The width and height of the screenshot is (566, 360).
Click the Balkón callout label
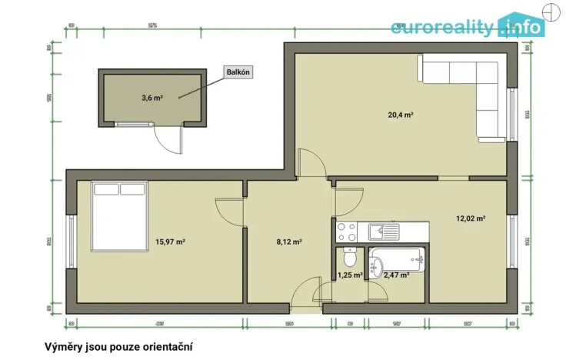pyautogui.click(x=238, y=72)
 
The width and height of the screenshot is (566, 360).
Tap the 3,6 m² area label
pyautogui.click(x=152, y=98)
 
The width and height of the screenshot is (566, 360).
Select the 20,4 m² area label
pyautogui.click(x=401, y=115)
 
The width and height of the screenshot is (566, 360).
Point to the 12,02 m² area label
pyautogui.click(x=471, y=218)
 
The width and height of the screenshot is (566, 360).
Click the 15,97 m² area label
pyautogui.click(x=170, y=242)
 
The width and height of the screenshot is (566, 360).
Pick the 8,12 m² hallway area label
pyautogui.click(x=289, y=242)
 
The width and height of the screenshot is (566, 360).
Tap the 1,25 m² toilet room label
pyautogui.click(x=351, y=275)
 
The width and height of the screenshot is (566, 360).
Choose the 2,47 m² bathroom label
pyautogui.click(x=396, y=275)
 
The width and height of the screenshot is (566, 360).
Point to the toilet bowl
pyautogui.click(x=351, y=256)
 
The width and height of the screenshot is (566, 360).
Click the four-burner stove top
pyautogui.click(x=345, y=231)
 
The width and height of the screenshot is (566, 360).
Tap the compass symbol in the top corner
pyautogui.click(x=551, y=12)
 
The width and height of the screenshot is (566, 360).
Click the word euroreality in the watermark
pyautogui.click(x=441, y=28)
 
